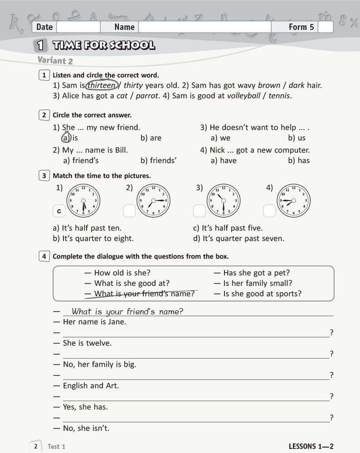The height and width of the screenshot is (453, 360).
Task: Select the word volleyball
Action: (246, 96)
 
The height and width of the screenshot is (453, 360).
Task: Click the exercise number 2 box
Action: (44, 115)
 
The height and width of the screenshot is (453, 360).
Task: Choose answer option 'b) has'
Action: (299, 160)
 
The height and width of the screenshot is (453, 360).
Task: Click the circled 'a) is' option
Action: (70, 138)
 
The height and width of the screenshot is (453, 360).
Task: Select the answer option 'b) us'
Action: (297, 138)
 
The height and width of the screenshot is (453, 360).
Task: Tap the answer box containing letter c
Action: (58, 211)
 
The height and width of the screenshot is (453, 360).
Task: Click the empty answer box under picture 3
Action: (199, 211)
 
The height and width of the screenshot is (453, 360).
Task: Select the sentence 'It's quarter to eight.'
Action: (93, 238)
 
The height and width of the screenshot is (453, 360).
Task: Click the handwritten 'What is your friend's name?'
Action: (127, 311)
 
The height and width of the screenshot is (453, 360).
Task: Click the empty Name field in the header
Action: (204, 27)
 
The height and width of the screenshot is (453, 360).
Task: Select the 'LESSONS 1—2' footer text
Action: (311, 446)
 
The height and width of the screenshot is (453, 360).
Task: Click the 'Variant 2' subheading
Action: (55, 60)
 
